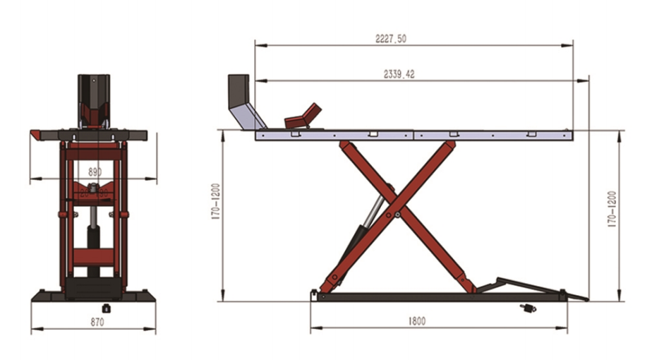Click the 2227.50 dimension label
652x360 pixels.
click(391, 39)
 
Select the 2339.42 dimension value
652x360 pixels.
click(399, 75)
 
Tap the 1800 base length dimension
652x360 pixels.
click(416, 321)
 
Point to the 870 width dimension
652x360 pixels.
click(97, 322)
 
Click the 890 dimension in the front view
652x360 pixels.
click(95, 172)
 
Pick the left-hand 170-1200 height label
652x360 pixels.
click(215, 201)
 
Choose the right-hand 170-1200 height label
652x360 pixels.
click(612, 209)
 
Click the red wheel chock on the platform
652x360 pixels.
click(303, 116)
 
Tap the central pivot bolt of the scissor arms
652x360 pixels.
click(397, 215)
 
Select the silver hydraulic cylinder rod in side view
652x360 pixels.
click(374, 210)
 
